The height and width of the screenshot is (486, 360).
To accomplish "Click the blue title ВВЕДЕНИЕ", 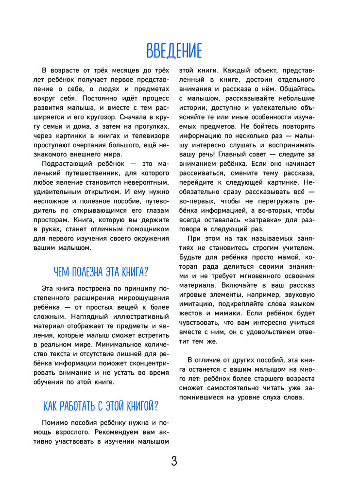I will [173, 51].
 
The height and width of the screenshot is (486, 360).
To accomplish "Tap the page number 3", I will [174, 461].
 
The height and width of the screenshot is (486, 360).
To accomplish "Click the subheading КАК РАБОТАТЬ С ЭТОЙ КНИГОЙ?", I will [101, 405].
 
